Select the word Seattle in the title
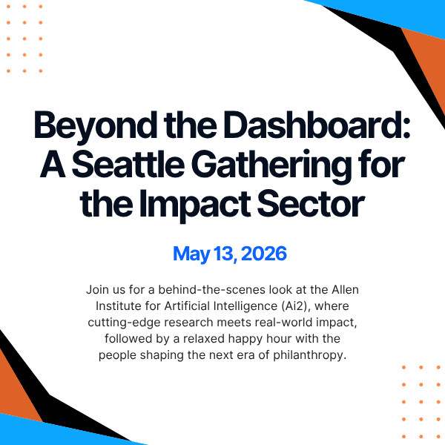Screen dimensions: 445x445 click(131, 165)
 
